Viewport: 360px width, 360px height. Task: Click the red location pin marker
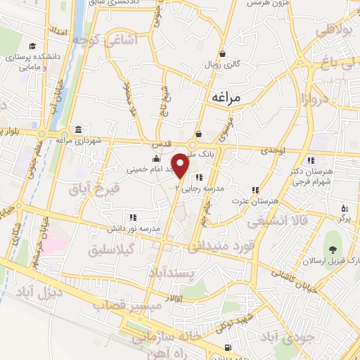181,165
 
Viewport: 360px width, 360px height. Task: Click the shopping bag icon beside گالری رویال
223,53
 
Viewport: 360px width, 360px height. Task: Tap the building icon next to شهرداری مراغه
77,131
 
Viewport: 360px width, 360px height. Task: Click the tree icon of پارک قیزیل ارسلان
333,249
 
